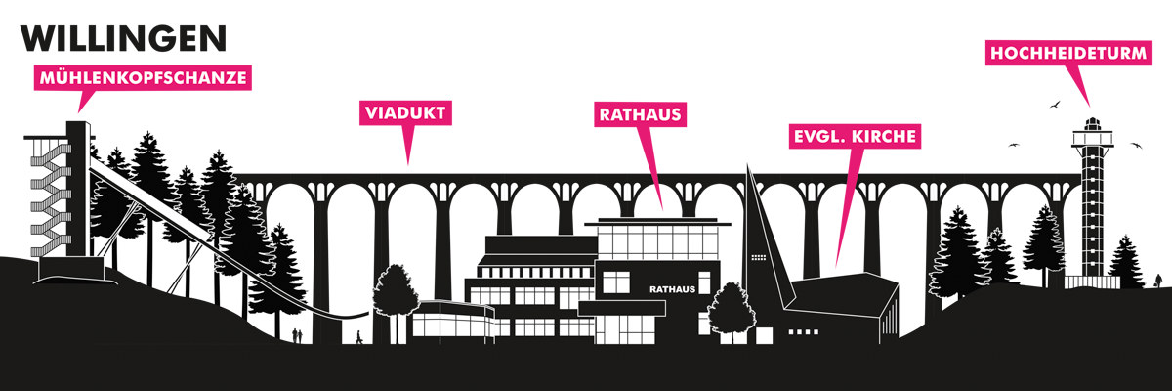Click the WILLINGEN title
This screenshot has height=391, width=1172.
pyautogui.click(x=123, y=38)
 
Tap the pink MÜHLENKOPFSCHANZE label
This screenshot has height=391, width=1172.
pyautogui.click(x=143, y=78)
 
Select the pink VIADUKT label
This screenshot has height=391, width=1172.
pyautogui.click(x=405, y=112)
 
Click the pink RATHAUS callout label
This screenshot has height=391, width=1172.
pyautogui.click(x=640, y=114)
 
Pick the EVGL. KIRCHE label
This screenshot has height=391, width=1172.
pyautogui.click(x=855, y=136)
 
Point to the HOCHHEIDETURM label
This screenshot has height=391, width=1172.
pyautogui.click(x=1068, y=53)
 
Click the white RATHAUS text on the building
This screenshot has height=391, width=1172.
pyautogui.click(x=672, y=289)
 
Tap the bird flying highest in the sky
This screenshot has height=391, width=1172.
pyautogui.click(x=1055, y=105)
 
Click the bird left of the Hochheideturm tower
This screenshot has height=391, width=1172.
pyautogui.click(x=1014, y=145)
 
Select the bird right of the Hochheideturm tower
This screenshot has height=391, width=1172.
pyautogui.click(x=1135, y=145)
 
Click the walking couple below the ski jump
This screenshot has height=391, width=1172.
pyautogui.click(x=297, y=335)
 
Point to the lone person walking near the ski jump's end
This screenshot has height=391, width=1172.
pyautogui.click(x=359, y=337)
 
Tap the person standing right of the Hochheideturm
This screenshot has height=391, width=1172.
pyautogui.click(x=1159, y=282)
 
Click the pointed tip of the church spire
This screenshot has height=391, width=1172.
pyautogui.click(x=748, y=164)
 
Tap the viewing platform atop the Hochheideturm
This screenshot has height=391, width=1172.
pyautogui.click(x=1092, y=138)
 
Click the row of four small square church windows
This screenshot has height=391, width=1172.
pyautogui.click(x=803, y=331)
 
